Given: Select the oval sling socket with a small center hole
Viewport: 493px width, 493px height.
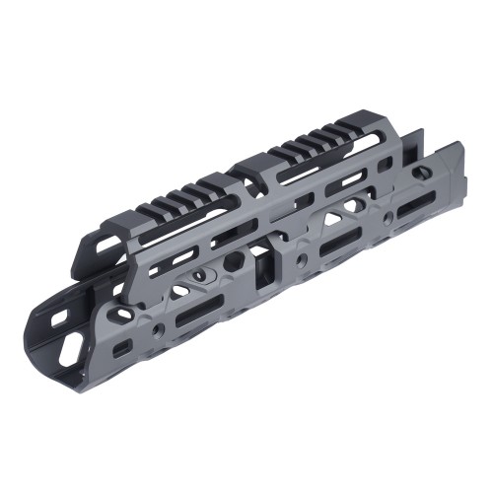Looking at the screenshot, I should pyautogui.click(x=209, y=270).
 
